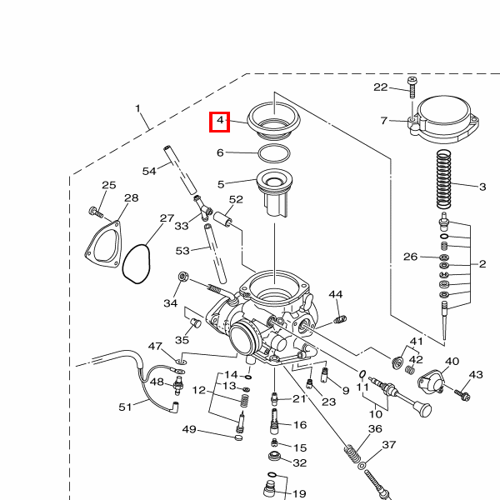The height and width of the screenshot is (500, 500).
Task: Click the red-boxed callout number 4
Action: [x=220, y=120]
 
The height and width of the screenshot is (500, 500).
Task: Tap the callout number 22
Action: [x=381, y=87]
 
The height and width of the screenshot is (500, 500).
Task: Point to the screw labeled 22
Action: [x=412, y=87]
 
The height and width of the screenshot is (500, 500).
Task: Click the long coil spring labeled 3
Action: [x=443, y=179]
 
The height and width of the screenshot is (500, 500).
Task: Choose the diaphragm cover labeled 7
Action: [x=443, y=119]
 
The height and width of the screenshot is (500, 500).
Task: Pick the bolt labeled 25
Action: [x=96, y=212]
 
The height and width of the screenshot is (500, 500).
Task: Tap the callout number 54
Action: [x=149, y=171]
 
